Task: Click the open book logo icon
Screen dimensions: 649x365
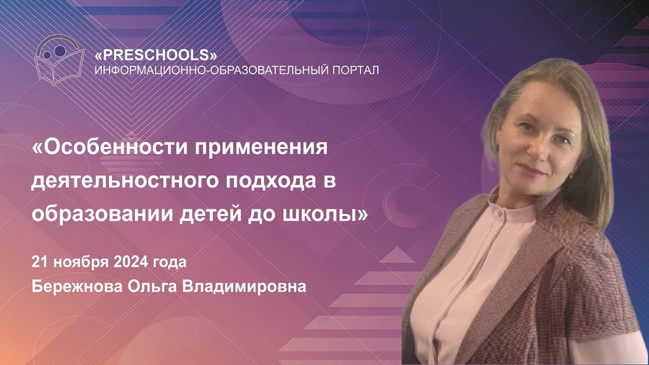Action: [x=60, y=60]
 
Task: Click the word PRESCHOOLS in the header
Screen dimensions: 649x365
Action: [x=156, y=55]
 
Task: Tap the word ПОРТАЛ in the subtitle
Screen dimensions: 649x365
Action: [x=356, y=70]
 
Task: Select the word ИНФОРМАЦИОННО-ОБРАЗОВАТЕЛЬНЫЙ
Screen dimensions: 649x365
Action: [x=212, y=70]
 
